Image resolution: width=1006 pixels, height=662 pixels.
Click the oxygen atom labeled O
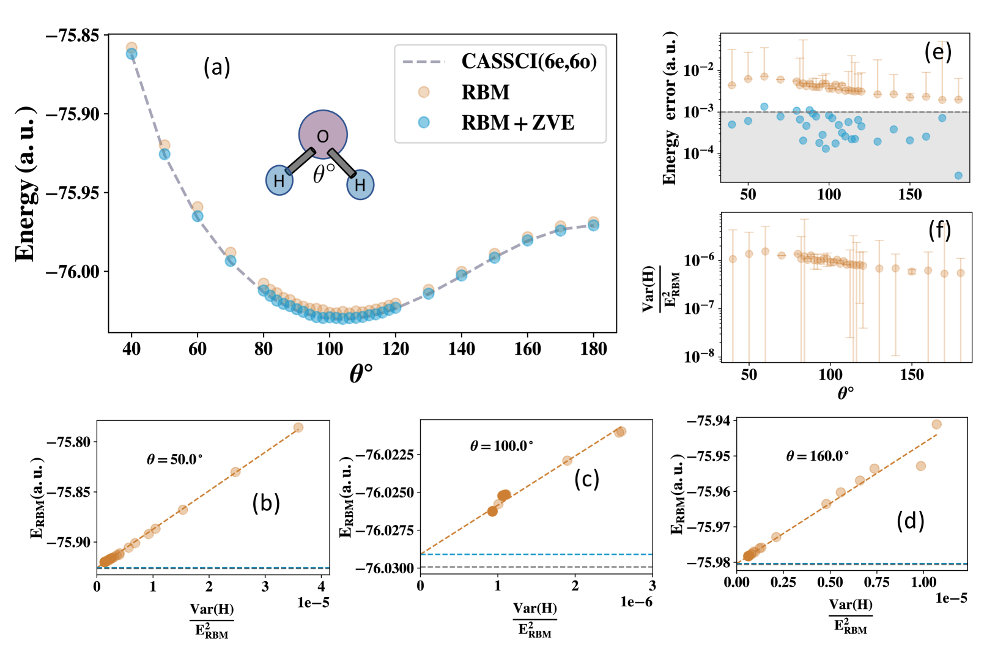[323, 135]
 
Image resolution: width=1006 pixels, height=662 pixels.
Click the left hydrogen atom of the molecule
[279, 180]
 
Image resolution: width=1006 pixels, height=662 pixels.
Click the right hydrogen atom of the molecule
[360, 185]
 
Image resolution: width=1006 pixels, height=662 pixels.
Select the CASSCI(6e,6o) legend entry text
[529, 61]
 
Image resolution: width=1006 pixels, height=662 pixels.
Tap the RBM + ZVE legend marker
[424, 122]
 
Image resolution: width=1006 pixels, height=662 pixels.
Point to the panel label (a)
[216, 67]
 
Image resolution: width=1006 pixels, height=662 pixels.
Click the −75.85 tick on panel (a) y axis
[72, 35]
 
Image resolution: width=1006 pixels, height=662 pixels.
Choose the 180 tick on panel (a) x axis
[593, 349]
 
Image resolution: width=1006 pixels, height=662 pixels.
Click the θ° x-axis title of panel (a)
[361, 373]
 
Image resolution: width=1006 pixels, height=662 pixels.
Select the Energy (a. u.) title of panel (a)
[26, 184]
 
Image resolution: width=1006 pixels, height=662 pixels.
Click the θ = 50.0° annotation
[174, 459]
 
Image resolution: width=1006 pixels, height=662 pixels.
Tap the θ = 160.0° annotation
[817, 456]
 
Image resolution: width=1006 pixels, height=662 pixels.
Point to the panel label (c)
[586, 479]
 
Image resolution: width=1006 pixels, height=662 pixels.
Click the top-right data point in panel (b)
[298, 428]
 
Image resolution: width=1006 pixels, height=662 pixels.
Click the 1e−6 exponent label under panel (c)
[636, 602]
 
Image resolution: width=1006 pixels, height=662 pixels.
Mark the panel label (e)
[938, 52]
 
